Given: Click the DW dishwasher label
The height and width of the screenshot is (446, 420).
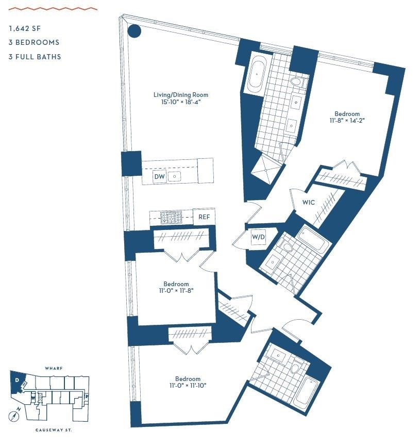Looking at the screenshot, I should [160, 177].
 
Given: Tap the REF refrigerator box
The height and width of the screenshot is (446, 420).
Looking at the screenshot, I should [204, 217].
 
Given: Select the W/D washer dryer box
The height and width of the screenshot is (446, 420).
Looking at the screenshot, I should [258, 237].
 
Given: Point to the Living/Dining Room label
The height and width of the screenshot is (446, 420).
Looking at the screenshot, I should [181, 95].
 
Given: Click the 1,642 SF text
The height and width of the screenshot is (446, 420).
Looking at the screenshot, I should [27, 29].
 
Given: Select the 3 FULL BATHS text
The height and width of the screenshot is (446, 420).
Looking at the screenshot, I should [35, 57].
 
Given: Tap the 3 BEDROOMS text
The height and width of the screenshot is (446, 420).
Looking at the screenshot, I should [34, 43].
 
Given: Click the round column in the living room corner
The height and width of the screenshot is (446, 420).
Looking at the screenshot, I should [134, 31].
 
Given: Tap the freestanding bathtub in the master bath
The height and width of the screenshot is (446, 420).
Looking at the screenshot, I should [256, 75].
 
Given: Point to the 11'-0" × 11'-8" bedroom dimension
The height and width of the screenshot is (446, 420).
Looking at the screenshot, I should [176, 291].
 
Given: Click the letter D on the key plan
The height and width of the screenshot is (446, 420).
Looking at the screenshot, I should [17, 381].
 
